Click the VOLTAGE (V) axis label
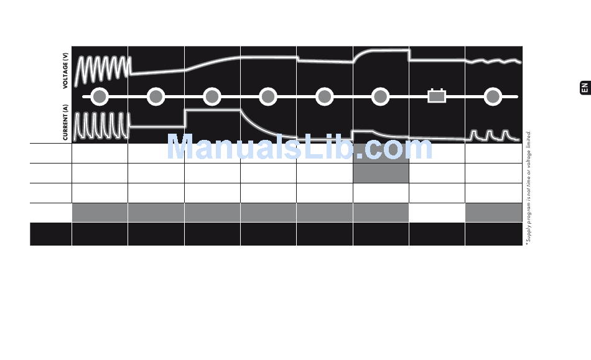click(x=65, y=72)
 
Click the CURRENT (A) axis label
click(x=65, y=122)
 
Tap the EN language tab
click(x=584, y=88)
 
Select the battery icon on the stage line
click(x=437, y=96)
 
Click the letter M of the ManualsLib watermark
click(x=180, y=149)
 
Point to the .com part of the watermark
click(x=398, y=149)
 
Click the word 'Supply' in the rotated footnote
click(x=528, y=234)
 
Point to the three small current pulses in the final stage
click(x=493, y=135)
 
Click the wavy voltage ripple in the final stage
click(x=493, y=62)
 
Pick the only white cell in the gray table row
click(x=437, y=213)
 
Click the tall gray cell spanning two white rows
click(x=381, y=163)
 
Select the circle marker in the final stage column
click(x=493, y=96)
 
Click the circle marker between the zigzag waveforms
click(x=100, y=96)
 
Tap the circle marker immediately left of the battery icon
click(x=381, y=96)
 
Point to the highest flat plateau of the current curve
click(x=212, y=110)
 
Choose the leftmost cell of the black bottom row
click(x=50, y=235)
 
